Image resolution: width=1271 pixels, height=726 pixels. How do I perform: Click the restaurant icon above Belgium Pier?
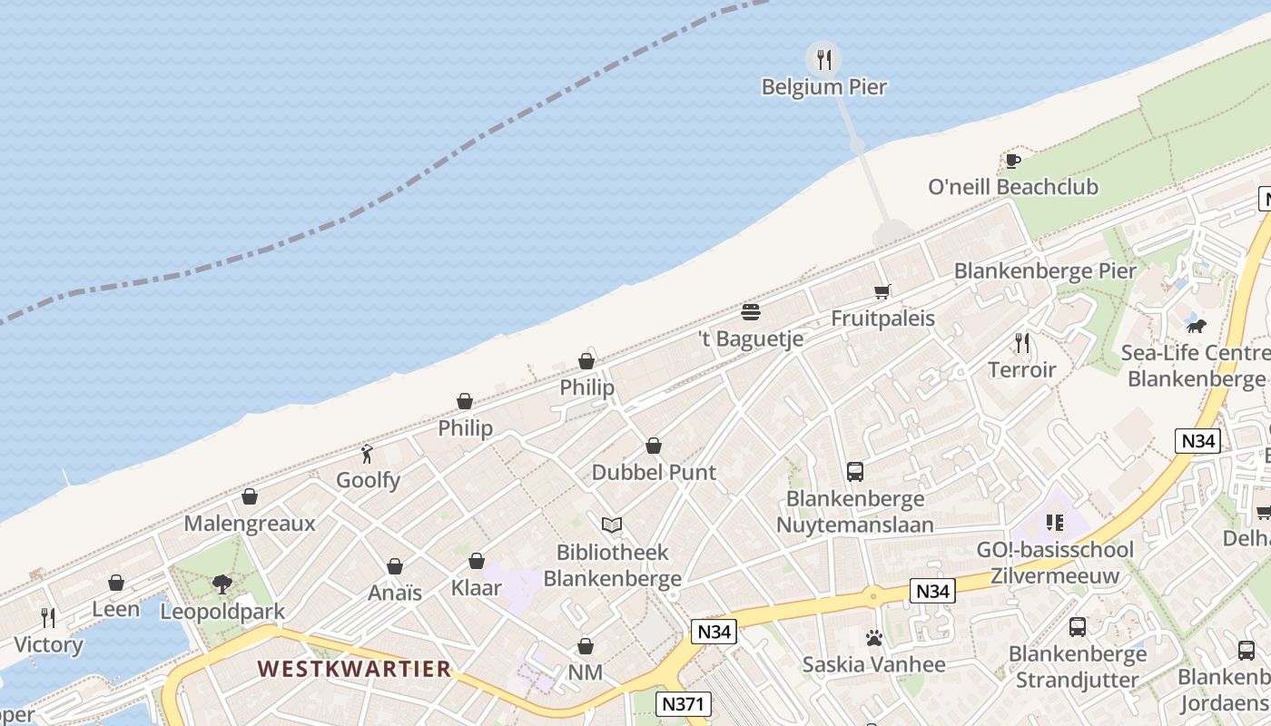pos(823,60)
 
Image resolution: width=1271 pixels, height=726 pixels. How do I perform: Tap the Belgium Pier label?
pos(823,87)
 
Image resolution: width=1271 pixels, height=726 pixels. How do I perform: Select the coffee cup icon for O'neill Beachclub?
pos(1012,162)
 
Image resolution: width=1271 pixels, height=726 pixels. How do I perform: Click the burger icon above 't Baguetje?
pos(750,312)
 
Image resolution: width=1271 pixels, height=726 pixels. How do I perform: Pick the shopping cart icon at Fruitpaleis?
pos(882,291)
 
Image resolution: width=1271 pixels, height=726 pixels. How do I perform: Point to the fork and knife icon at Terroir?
pos(1022,343)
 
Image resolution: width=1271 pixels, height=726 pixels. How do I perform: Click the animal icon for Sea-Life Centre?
pos(1196,326)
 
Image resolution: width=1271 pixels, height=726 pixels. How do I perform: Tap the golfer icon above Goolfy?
pos(367,454)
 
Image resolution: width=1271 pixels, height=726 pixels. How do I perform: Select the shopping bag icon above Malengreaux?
pos(250,496)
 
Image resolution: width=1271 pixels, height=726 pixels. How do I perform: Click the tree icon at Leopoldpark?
pos(222,584)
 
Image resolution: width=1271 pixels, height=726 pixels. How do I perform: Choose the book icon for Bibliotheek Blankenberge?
pos(612,525)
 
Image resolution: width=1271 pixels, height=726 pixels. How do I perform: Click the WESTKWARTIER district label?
pos(354,669)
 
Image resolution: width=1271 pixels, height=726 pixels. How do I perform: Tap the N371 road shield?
pos(684,703)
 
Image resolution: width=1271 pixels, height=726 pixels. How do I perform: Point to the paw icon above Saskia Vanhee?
pos(873,638)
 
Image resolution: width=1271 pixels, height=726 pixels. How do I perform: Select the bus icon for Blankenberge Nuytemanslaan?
pos(855,472)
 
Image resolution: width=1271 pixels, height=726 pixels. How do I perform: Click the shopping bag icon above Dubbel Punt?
pos(654,446)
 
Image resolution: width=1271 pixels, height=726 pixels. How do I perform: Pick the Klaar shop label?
pos(476,588)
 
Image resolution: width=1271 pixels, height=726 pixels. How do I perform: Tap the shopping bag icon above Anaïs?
pos(395,566)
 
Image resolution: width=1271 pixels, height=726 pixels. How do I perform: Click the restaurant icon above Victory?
pos(48,618)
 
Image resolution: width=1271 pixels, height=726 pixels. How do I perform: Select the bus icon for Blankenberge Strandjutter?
pos(1078,626)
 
